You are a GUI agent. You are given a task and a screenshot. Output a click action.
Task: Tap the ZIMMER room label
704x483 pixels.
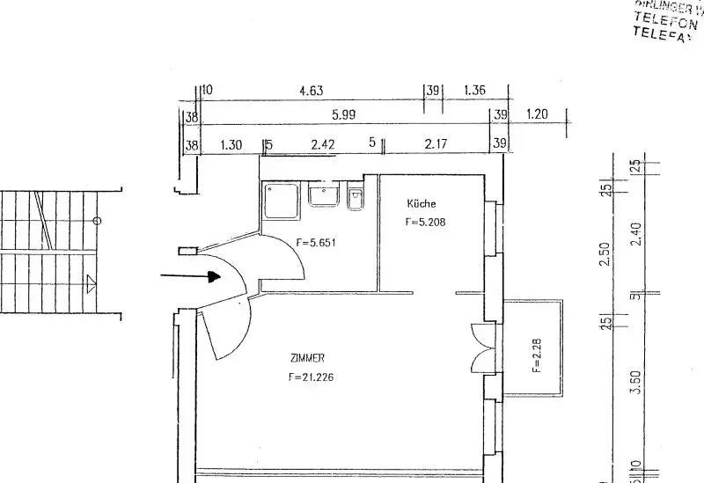tap(308, 358)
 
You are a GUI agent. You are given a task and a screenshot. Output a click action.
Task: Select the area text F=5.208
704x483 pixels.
tap(426, 223)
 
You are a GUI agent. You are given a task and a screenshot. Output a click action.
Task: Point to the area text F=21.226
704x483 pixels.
tap(311, 378)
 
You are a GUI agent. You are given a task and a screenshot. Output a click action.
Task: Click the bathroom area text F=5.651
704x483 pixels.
tap(316, 243)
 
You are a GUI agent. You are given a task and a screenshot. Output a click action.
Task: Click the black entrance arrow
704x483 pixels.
tap(190, 276)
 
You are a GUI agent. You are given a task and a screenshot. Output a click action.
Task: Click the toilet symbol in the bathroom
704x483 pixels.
tap(355, 199)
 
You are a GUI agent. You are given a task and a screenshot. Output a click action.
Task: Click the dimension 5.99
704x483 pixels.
tap(344, 115)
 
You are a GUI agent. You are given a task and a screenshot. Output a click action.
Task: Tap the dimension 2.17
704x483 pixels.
tap(436, 144)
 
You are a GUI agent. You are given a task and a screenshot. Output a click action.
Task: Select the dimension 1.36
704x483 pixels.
tap(473, 90)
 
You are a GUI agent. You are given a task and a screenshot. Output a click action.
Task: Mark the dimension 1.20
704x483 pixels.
tap(537, 115)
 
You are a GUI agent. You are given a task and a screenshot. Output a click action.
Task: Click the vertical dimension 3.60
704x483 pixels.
tap(637, 384)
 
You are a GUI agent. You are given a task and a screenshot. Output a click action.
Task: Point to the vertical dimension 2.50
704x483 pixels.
tap(604, 255)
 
